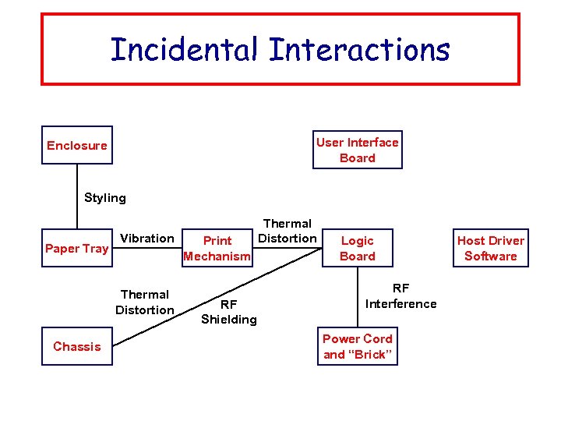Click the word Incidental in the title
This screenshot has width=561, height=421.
[185, 50]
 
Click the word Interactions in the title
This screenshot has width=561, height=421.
[359, 50]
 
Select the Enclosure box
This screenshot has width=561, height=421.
[77, 145]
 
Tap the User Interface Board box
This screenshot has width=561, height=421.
[358, 150]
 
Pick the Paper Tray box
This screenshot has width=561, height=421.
[77, 248]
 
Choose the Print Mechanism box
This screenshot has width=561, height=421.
[217, 248]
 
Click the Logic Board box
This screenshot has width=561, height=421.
[358, 248]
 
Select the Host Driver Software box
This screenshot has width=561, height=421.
[491, 248]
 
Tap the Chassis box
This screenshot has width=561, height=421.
[77, 346]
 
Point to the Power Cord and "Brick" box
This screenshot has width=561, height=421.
[358, 346]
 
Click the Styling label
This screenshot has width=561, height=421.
[104, 198]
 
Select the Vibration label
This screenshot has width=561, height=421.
[147, 239]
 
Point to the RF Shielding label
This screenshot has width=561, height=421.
[228, 312]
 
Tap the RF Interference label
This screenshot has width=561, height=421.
[401, 296]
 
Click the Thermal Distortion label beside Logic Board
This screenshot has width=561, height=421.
[288, 231]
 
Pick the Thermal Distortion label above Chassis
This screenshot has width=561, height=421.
[145, 302]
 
